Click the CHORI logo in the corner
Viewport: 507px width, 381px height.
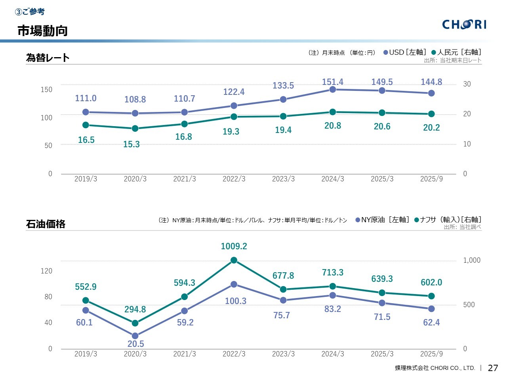click(x=464, y=25)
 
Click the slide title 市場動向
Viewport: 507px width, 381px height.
click(x=42, y=31)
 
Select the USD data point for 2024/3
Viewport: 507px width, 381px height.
click(x=333, y=90)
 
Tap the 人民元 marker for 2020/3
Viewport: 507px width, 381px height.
click(x=135, y=129)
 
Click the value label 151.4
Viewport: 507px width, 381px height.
click(x=333, y=82)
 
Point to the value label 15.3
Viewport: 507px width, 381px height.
click(x=132, y=144)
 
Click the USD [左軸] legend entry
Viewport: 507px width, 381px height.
click(x=404, y=52)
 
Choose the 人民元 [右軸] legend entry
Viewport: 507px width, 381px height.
click(x=456, y=52)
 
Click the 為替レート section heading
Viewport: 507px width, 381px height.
click(x=48, y=58)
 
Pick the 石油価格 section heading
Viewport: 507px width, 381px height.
click(x=46, y=224)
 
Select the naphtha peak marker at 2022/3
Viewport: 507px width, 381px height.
click(x=234, y=260)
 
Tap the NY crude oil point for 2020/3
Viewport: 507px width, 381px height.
click(x=135, y=336)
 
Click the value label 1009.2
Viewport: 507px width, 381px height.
click(x=234, y=246)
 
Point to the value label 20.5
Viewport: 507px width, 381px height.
click(x=136, y=344)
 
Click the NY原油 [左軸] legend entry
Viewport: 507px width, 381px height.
click(x=382, y=220)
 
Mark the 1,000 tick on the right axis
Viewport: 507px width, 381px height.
click(x=472, y=260)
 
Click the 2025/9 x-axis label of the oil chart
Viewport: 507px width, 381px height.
click(x=431, y=354)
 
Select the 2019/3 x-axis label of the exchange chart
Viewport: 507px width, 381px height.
click(x=86, y=179)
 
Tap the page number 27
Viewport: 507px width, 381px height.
click(x=493, y=368)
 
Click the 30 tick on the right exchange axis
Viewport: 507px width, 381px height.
click(x=467, y=84)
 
